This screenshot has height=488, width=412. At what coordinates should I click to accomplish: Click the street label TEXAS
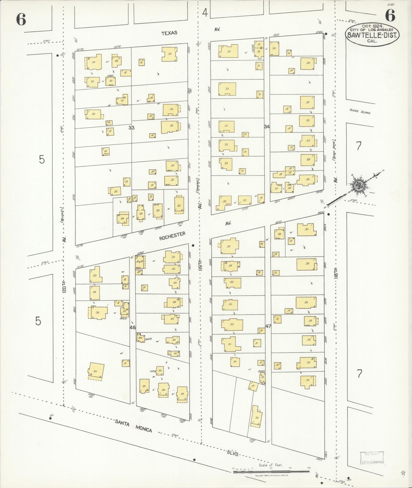[169, 33]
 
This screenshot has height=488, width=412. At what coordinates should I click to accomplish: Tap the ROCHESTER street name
[172, 236]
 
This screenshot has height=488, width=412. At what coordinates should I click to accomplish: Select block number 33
[131, 128]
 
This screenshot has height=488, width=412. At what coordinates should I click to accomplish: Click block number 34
[267, 126]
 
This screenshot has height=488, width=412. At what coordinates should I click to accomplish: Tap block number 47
[268, 326]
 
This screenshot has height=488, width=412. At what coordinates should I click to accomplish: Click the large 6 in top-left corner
[21, 19]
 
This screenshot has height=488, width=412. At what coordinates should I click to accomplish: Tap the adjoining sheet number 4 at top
[205, 12]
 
